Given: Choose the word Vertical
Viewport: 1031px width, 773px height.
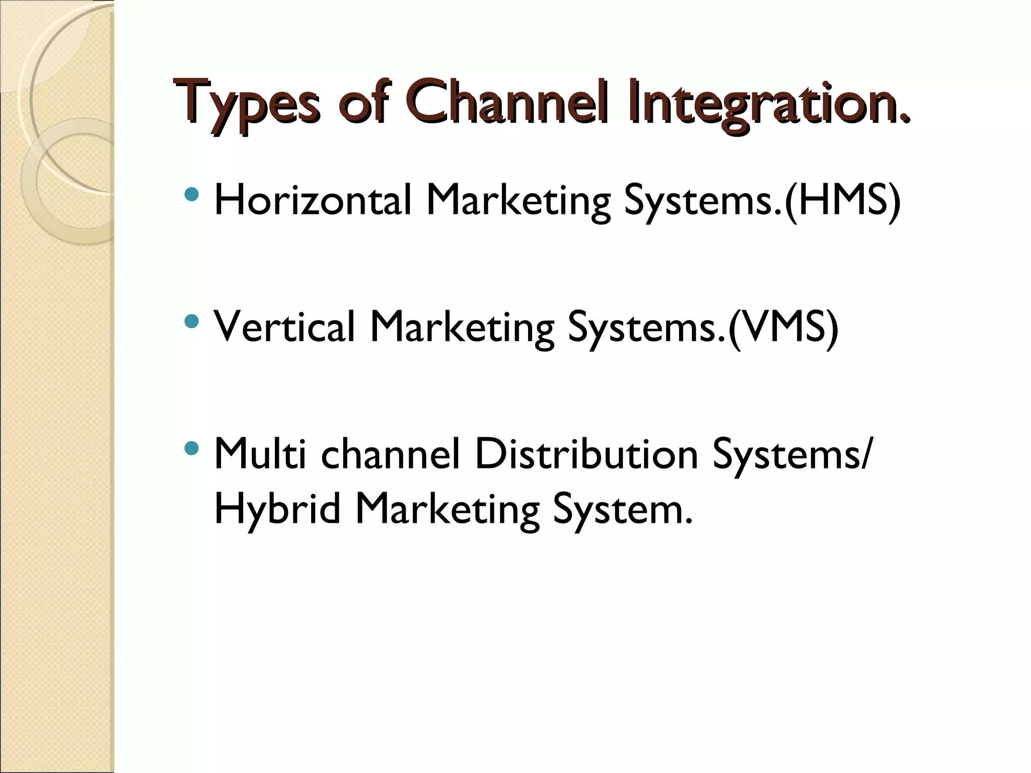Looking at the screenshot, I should click(x=285, y=327).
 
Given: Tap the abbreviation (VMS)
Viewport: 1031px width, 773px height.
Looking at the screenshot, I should click(x=783, y=328).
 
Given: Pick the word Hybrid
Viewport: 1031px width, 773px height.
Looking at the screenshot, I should click(x=277, y=509).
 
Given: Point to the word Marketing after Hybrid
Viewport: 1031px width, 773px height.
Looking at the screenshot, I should click(x=447, y=510).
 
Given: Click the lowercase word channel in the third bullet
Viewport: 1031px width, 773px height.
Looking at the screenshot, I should click(x=391, y=453).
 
